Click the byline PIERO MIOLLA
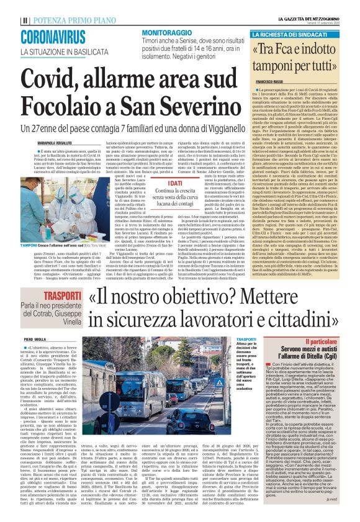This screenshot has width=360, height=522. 35,340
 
